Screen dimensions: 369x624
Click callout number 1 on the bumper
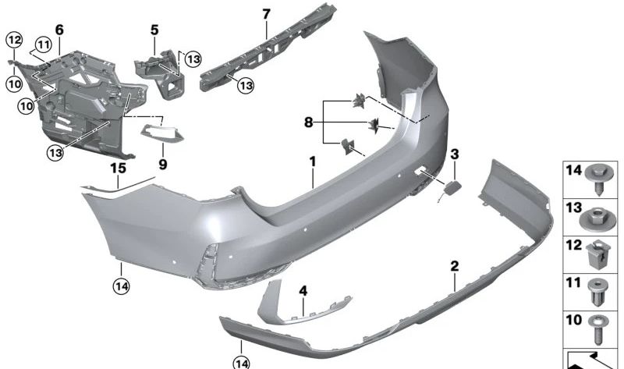312,161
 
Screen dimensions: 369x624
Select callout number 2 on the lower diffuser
454,267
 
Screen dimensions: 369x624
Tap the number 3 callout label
454,153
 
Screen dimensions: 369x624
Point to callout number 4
303,291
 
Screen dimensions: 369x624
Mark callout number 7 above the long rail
266,13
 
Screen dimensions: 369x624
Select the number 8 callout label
310,122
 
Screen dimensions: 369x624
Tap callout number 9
163,165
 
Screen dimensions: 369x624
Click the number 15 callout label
118,168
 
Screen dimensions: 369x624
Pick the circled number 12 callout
13,39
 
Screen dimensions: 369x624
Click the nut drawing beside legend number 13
598,215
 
